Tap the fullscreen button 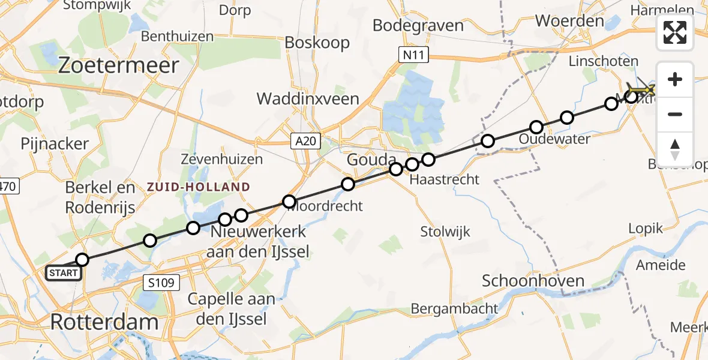(x=675, y=32)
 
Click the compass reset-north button (x=675, y=149)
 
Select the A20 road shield (x=307, y=142)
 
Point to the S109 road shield (x=164, y=280)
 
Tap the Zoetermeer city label (x=119, y=65)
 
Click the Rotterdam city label (x=104, y=322)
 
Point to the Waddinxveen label (x=308, y=99)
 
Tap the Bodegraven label (x=418, y=25)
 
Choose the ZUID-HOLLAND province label (x=198, y=187)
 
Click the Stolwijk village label (x=445, y=232)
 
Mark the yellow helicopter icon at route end (x=642, y=90)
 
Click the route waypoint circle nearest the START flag (x=82, y=260)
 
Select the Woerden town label (x=569, y=21)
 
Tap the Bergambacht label (x=454, y=309)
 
